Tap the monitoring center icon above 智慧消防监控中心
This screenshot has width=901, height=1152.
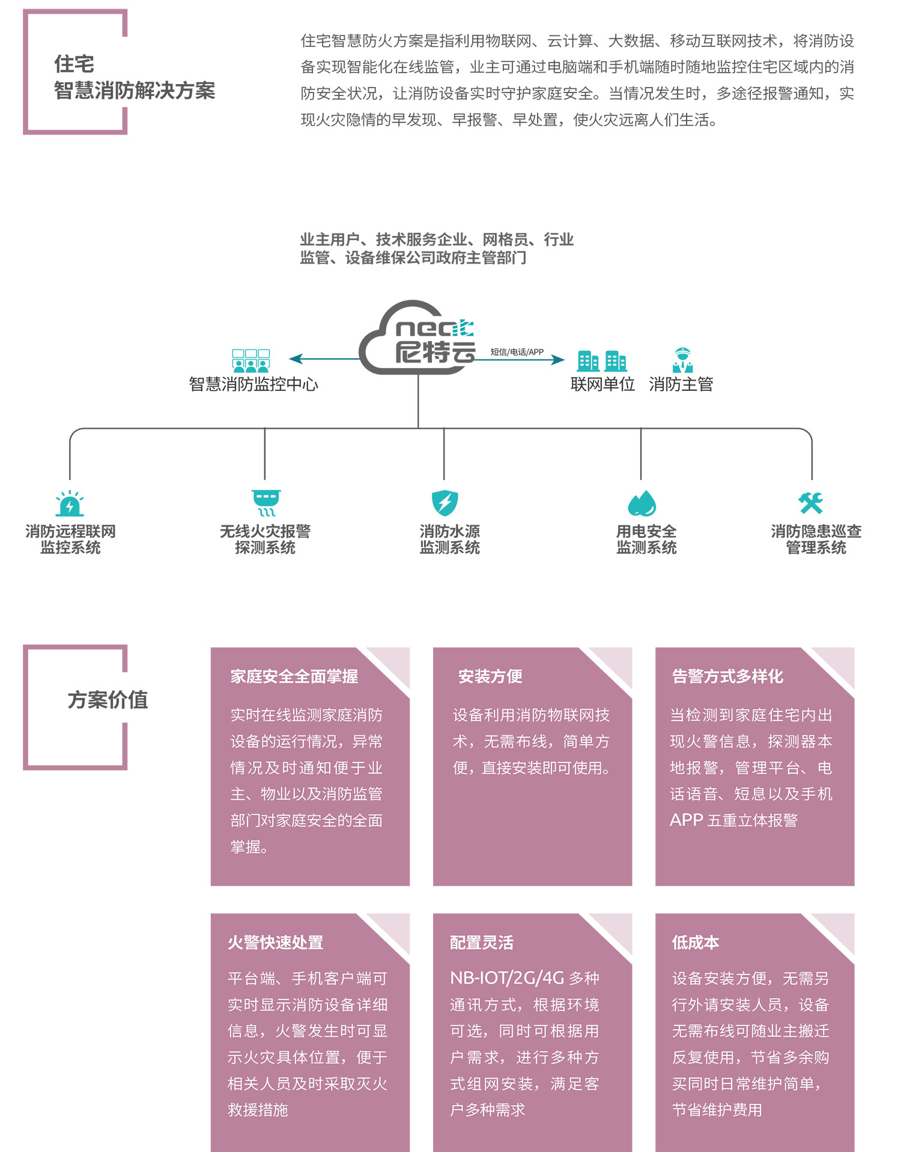pos(251,361)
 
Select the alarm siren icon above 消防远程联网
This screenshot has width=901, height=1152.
pos(70,504)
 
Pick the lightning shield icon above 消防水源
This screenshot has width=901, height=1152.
pos(444,503)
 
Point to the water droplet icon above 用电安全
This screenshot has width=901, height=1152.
pos(642,504)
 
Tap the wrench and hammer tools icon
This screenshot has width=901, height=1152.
pos(811,503)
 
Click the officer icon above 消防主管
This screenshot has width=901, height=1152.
pos(682,360)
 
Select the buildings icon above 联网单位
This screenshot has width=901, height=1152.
pos(602,361)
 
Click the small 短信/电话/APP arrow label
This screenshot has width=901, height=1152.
pos(517,352)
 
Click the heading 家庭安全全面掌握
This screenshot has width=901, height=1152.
pos(294,677)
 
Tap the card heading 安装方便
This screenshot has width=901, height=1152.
pos(490,677)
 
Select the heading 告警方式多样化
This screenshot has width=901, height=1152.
pos(727,677)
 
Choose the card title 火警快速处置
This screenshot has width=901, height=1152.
pos(276,942)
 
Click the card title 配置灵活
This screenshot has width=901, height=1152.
pos(482,942)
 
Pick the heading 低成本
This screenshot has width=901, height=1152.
pos(696,942)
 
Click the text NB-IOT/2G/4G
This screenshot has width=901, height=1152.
pos(507,979)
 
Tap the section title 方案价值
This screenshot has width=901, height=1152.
pos(108,700)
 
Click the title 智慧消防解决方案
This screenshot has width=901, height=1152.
pos(135,91)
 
